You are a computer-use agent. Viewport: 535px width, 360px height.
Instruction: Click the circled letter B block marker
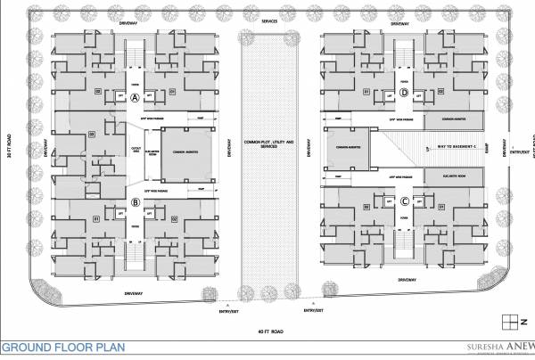pos(135,202)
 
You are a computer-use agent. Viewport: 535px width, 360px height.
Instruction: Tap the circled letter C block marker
pos(404,200)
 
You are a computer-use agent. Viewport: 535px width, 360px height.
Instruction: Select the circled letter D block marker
pos(404,93)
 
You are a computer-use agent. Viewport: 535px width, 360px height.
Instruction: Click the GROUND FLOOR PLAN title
pos(62,348)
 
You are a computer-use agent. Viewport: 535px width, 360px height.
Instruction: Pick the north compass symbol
pos(511,320)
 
